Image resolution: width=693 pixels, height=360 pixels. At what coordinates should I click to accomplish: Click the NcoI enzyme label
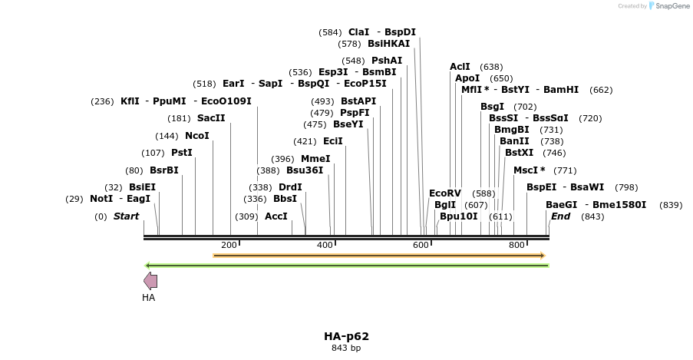pos(196,136)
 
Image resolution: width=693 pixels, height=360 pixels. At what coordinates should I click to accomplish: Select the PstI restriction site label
pos(182,153)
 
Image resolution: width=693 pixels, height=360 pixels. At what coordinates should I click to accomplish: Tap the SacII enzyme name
pos(211,118)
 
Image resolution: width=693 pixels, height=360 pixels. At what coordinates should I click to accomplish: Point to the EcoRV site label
pos(445,193)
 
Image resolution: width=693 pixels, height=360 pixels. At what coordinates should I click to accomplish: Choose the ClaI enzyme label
pos(358,32)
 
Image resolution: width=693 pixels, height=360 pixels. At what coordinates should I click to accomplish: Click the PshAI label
pos(386,60)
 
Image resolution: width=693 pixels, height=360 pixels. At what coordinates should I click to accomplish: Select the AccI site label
pos(276,216)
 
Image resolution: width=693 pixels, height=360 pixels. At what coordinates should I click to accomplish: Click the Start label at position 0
pos(126,216)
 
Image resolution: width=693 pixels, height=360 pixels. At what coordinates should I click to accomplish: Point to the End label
pos(560,216)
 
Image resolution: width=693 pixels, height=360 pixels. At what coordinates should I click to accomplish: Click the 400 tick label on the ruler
pos(325,245)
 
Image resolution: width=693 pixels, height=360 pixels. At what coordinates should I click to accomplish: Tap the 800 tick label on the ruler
pos(517,245)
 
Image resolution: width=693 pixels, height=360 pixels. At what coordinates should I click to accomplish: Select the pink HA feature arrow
pos(150,281)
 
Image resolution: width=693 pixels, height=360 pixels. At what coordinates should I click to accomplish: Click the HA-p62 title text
pos(346,336)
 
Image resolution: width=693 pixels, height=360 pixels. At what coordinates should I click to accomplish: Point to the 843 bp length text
pos(346,348)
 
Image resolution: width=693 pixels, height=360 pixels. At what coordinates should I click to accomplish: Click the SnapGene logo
pos(668,6)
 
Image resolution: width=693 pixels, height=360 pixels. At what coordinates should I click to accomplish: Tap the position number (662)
pos(601,90)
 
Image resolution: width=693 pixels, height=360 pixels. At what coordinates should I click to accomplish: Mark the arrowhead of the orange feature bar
pos(542,256)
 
